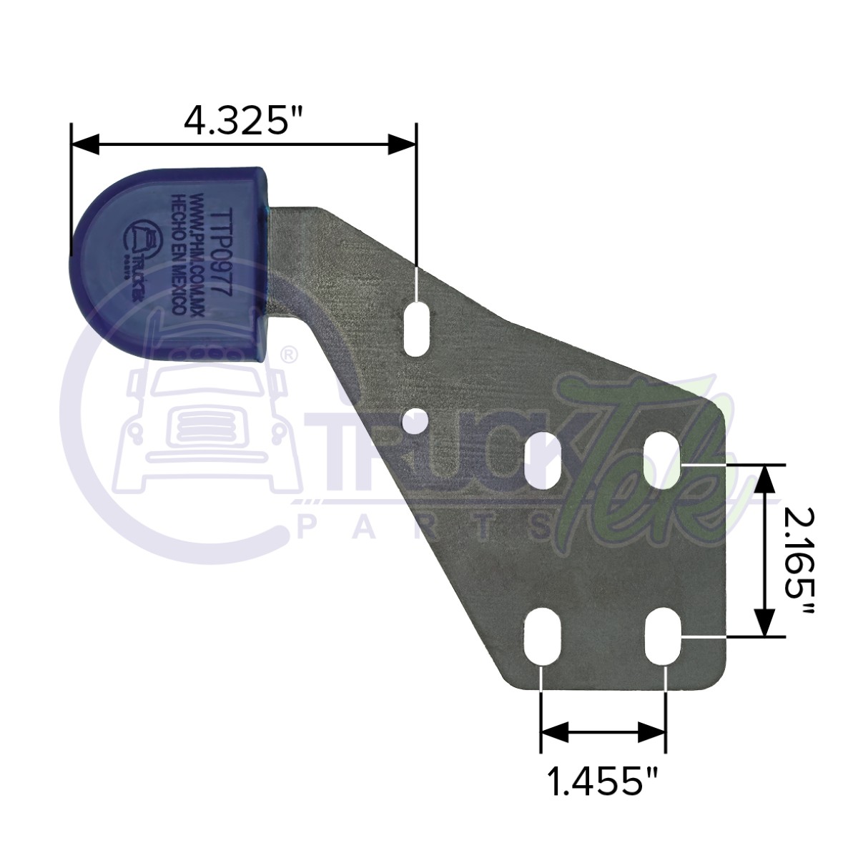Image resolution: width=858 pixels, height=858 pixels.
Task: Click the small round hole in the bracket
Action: click(416, 422)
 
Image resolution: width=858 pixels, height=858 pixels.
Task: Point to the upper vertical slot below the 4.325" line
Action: click(416, 329)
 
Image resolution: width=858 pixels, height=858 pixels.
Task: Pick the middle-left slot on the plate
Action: click(542, 460)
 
